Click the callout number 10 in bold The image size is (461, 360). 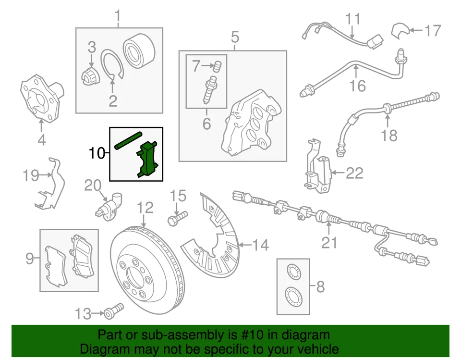[96, 153]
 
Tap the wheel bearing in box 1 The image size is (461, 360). [138, 50]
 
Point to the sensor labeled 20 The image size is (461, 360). [109, 205]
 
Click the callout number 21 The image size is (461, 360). [329, 243]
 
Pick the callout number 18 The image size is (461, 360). [389, 136]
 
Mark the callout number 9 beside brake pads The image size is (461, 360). [30, 260]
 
